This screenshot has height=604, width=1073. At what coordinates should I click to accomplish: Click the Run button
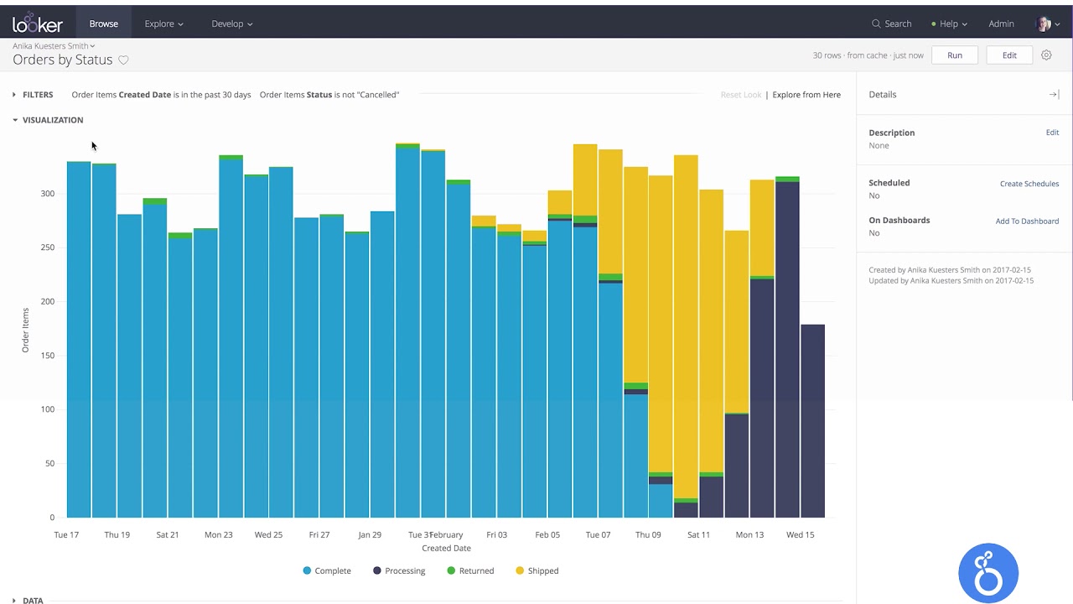(955, 55)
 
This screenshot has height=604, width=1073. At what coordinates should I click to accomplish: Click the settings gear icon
(1046, 55)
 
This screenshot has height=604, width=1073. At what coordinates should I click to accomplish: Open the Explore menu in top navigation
(163, 23)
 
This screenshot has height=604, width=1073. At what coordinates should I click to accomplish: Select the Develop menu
(231, 23)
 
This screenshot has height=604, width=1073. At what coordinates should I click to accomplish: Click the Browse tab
(104, 23)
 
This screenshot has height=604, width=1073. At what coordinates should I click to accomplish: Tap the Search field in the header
(892, 23)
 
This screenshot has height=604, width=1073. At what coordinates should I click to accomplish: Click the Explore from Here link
(806, 95)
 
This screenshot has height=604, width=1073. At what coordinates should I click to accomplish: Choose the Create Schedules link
(1029, 184)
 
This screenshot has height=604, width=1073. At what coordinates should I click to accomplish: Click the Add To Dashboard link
(1027, 221)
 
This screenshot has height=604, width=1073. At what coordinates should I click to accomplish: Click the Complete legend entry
(327, 570)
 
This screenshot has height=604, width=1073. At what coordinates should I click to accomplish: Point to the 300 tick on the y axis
(48, 194)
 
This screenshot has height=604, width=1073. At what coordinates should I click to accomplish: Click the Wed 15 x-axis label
(800, 534)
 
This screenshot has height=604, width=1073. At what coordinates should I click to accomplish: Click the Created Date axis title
(446, 549)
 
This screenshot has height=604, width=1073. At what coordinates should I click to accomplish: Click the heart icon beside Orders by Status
(123, 60)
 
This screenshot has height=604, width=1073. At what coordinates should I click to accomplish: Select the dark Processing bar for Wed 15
(787, 352)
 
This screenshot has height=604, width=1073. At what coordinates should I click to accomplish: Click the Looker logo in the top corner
(38, 23)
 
